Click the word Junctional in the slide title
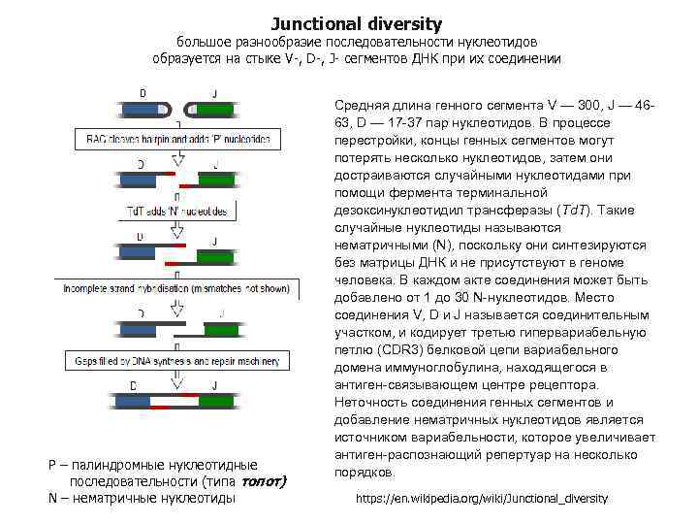tap(314, 23)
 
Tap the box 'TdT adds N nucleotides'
tap(177, 211)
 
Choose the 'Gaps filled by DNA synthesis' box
tap(172, 360)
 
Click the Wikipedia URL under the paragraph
tap(482, 498)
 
